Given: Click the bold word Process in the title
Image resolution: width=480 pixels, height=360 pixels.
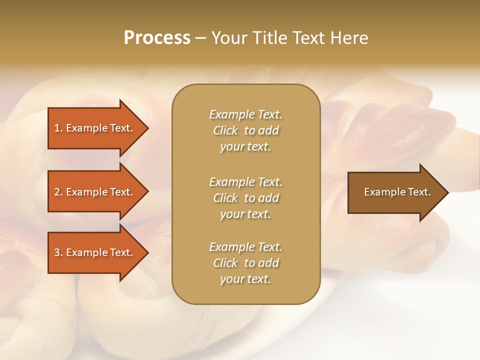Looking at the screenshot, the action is [x=157, y=38].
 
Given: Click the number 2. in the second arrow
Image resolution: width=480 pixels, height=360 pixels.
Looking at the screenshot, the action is [x=58, y=192].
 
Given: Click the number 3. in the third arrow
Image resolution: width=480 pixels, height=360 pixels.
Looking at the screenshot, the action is [x=58, y=252].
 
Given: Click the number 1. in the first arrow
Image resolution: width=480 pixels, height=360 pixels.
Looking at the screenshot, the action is [x=58, y=128].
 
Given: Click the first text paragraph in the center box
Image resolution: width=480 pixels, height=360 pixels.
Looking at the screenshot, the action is [x=245, y=130].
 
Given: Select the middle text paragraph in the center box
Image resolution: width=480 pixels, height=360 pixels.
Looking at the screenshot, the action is [x=245, y=198].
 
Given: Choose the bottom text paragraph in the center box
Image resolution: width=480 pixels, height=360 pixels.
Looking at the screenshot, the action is [x=245, y=263].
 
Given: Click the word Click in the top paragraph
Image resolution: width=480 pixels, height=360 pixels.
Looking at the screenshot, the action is [x=225, y=130].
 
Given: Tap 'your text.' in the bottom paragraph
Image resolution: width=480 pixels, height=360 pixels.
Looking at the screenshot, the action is [x=245, y=279].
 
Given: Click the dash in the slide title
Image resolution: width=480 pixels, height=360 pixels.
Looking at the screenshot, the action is [x=200, y=38].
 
